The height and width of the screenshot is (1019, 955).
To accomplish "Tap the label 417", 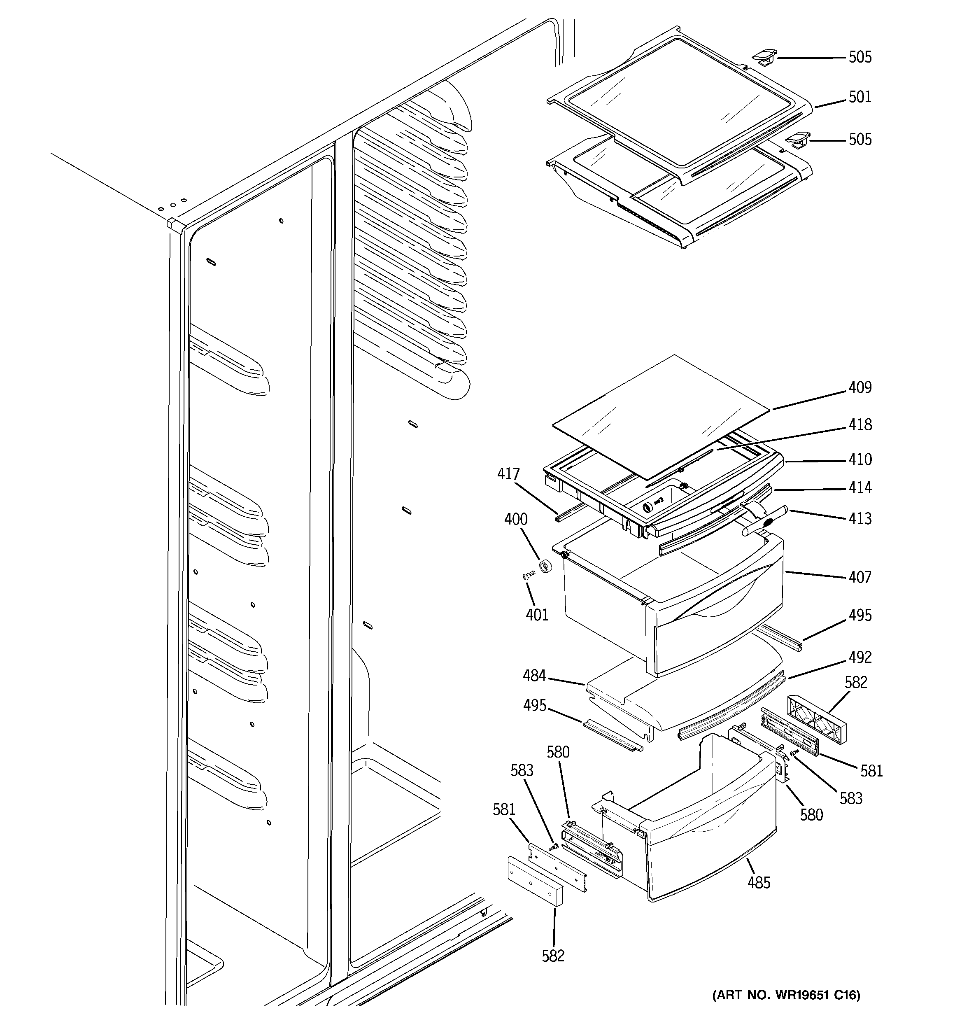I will tap(508, 474).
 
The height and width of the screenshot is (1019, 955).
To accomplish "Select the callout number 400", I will tap(516, 519).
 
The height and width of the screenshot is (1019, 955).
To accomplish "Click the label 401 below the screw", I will tap(537, 615).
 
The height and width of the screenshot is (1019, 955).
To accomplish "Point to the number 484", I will tap(533, 676).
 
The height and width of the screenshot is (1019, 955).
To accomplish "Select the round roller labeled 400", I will tap(545, 567).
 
